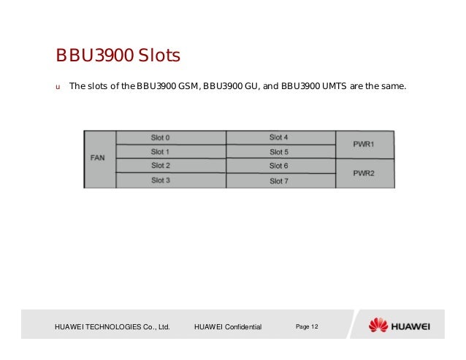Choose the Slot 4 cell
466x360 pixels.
coord(279,137)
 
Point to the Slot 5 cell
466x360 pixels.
coord(279,152)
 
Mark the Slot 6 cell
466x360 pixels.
coord(279,166)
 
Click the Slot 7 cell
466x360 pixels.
coord(279,180)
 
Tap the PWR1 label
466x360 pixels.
coord(363,145)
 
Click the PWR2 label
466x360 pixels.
coord(363,173)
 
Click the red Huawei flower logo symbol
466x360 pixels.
coord(378,325)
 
